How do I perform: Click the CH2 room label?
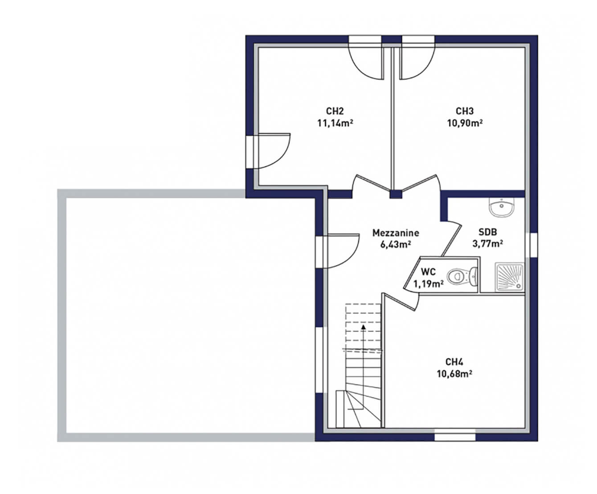[335, 111]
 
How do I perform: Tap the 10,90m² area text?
[465, 123]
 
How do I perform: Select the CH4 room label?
[454, 362]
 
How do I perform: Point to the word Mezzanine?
[396, 233]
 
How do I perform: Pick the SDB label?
[488, 232]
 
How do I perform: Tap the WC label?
[428, 272]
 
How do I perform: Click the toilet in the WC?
[462, 276]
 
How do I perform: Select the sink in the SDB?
[502, 207]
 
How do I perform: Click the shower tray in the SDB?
[510, 277]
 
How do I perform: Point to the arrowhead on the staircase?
[364, 327]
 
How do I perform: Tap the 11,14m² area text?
[335, 123]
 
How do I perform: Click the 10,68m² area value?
[454, 374]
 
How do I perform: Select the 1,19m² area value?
[428, 284]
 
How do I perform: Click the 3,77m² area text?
[488, 244]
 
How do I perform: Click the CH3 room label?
[465, 111]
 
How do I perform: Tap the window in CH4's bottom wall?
[455, 436]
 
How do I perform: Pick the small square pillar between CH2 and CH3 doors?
[396, 194]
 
